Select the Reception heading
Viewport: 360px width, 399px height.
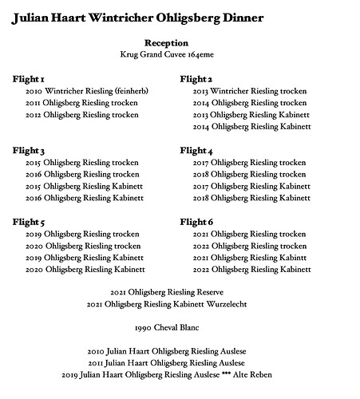tap(167, 42)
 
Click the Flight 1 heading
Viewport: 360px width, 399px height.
tap(29, 80)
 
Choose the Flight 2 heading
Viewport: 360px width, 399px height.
tap(196, 80)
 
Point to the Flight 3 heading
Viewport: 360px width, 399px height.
tap(29, 151)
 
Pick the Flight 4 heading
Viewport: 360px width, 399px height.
tap(196, 151)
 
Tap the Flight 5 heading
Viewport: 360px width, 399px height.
tap(29, 222)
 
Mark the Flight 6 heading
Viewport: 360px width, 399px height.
tap(196, 222)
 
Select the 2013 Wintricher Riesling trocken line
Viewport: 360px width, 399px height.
tap(250, 92)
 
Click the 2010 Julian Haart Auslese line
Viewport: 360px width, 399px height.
tap(167, 351)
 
